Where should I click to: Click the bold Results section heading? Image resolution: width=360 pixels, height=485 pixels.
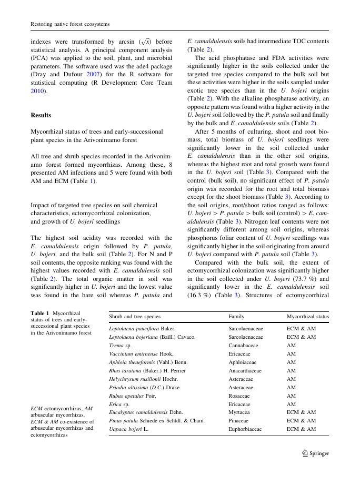pyautogui.click(x=41, y=115)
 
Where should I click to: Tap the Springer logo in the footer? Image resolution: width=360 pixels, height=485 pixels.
pyautogui.click(x=316, y=453)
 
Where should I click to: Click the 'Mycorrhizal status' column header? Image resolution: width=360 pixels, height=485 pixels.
pyautogui.click(x=307, y=317)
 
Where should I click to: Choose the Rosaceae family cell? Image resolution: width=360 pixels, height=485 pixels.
pyautogui.click(x=240, y=396)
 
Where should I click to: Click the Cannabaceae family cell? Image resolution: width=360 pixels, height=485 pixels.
pyautogui.click(x=244, y=345)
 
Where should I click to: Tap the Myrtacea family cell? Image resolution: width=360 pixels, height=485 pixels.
pyautogui.click(x=239, y=412)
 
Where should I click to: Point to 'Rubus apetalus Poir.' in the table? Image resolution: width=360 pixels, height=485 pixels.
pyautogui.click(x=132, y=396)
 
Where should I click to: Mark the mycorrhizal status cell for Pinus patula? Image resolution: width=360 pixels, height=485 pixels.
pyautogui.click(x=301, y=421)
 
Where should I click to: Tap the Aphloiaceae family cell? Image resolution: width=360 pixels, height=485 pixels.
pyautogui.click(x=243, y=362)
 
